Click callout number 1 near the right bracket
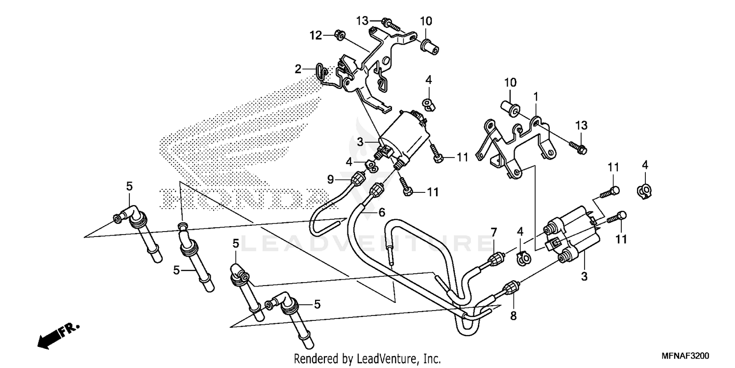click(536, 95)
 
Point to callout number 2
click(298, 69)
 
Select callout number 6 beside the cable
click(382, 212)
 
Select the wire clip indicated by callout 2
click(319, 74)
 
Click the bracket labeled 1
click(519, 142)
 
